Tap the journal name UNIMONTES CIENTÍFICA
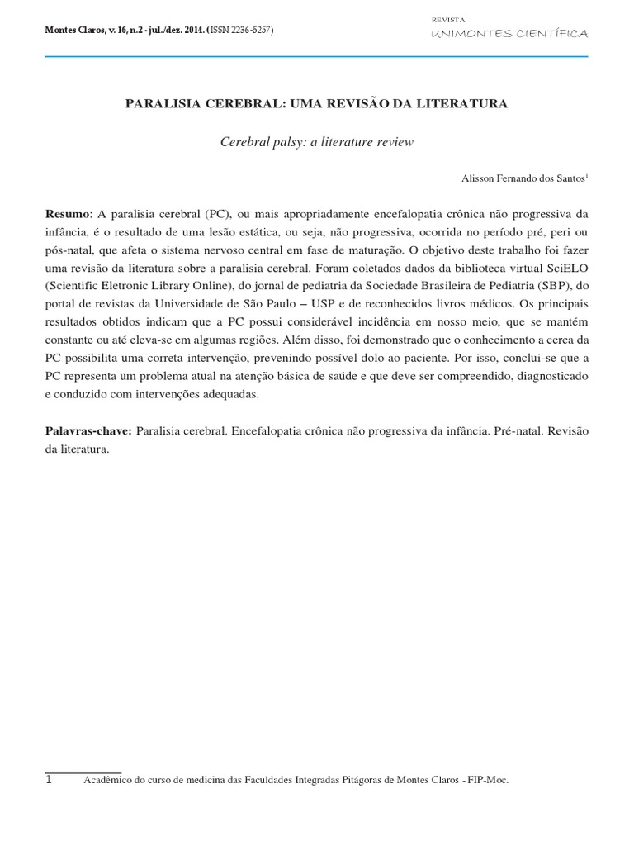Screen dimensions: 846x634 point(510,34)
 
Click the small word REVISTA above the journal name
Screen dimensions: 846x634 point(448,18)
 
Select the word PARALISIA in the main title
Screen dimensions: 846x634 point(160,105)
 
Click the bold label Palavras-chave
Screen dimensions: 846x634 point(88,432)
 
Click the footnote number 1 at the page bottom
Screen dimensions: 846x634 point(50,780)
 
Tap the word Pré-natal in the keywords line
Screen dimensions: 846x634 point(515,432)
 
